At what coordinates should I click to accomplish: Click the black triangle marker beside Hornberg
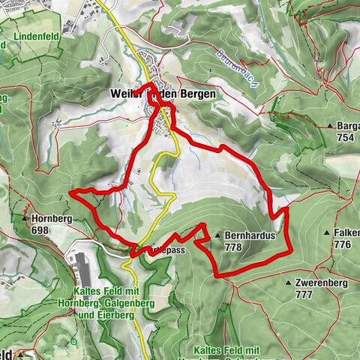(x=27, y=220)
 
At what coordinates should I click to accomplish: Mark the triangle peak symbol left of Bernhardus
(x=218, y=235)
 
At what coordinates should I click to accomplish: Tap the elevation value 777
(x=304, y=295)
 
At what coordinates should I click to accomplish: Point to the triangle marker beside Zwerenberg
(x=289, y=283)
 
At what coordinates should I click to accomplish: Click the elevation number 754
(x=346, y=137)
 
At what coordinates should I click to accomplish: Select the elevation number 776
(x=343, y=245)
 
